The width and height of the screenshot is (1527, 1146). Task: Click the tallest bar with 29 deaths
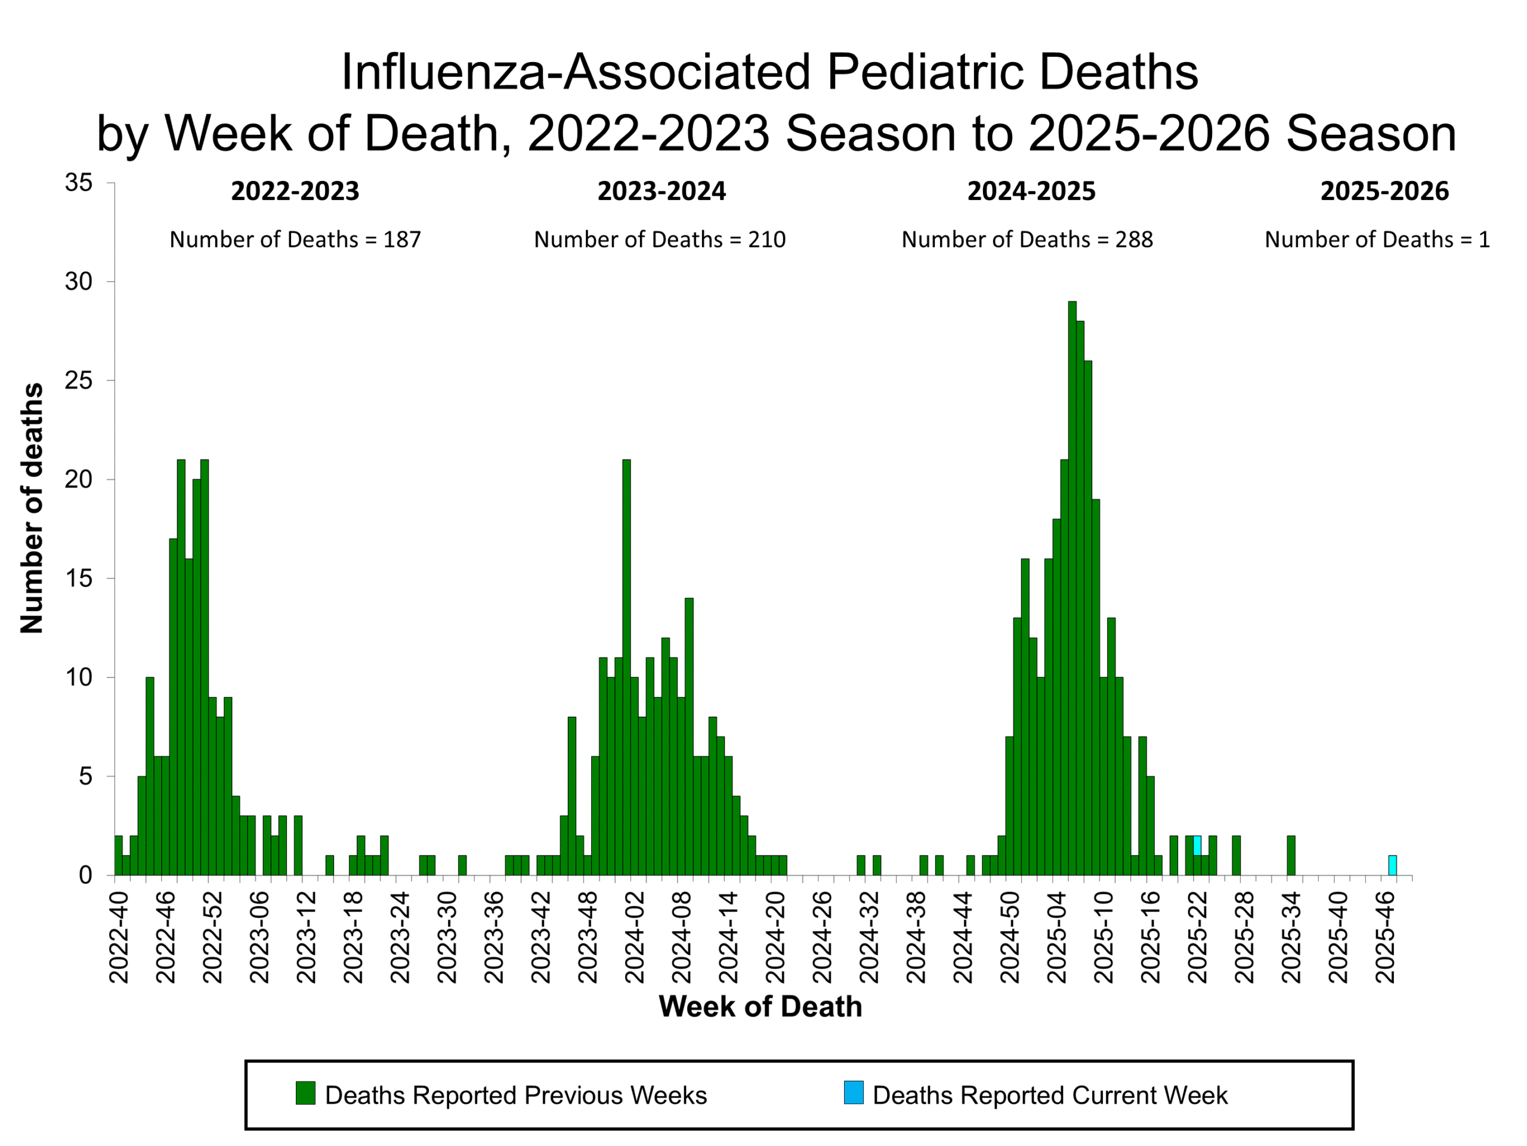1072,587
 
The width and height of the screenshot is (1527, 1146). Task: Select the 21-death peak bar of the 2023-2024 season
626,667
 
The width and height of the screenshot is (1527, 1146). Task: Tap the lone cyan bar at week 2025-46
1392,865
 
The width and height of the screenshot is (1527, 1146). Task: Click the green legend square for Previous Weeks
305,1093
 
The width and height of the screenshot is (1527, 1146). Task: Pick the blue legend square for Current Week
853,1093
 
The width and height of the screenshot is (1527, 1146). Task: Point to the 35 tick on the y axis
78,183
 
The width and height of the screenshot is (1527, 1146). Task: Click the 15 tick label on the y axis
78,578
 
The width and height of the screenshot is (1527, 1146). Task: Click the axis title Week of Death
760,1006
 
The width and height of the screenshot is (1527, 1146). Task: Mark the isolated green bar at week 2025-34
1291,855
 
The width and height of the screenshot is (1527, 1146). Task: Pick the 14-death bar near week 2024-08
689,736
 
